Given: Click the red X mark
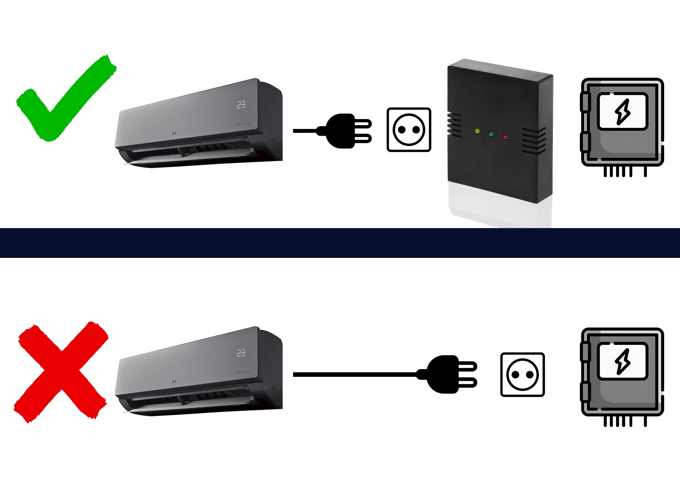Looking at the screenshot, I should (x=61, y=373).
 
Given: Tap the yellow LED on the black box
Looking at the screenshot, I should (x=477, y=131).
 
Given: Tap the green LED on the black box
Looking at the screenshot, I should (x=491, y=134).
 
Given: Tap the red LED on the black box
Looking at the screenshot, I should (x=505, y=137).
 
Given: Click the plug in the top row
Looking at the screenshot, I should (x=343, y=131).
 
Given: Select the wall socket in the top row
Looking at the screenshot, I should (x=409, y=130).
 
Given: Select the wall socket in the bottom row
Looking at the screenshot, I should (x=522, y=375).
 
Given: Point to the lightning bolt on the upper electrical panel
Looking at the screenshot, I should (x=623, y=112).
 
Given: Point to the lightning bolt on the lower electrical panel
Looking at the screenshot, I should (x=623, y=361).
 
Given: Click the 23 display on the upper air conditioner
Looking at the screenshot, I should (x=241, y=105).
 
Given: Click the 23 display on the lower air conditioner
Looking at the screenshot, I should (x=241, y=353).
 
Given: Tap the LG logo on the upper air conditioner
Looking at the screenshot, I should (x=174, y=133).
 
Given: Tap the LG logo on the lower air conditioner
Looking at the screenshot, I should (x=174, y=381).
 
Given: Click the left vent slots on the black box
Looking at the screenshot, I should (x=454, y=125).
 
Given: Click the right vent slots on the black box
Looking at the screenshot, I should (x=534, y=141).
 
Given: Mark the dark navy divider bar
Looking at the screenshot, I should (x=340, y=243).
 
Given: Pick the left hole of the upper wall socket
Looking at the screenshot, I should (x=402, y=130).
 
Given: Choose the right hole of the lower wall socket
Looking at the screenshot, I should (x=530, y=375).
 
